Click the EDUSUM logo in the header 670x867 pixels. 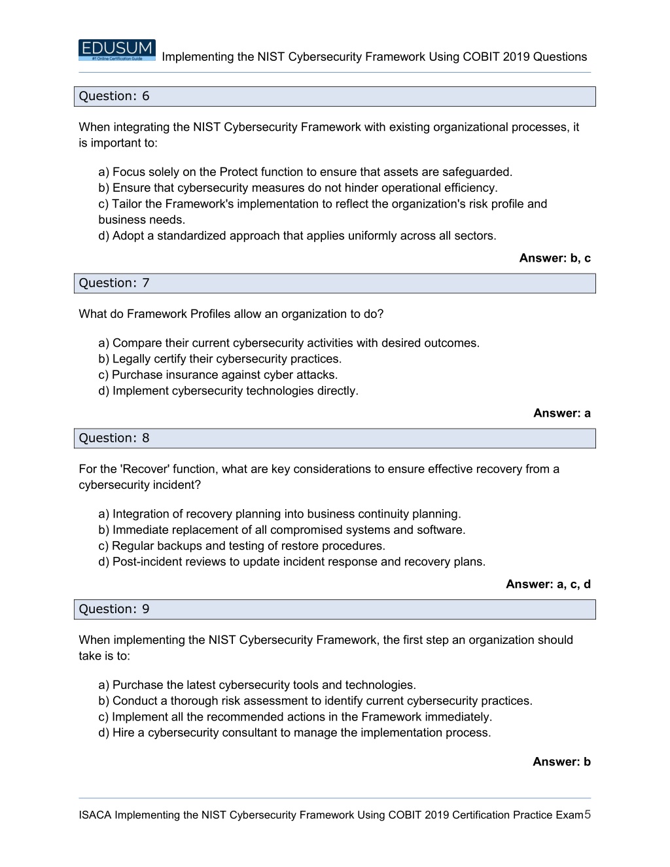point(116,50)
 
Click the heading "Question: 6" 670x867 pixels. point(114,96)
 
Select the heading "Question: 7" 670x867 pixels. point(114,283)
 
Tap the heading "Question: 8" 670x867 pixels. point(114,438)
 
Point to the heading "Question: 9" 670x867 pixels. point(114,609)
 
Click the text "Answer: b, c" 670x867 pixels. point(554,258)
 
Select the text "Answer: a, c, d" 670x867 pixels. point(548,584)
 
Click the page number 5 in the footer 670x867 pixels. point(588,814)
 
